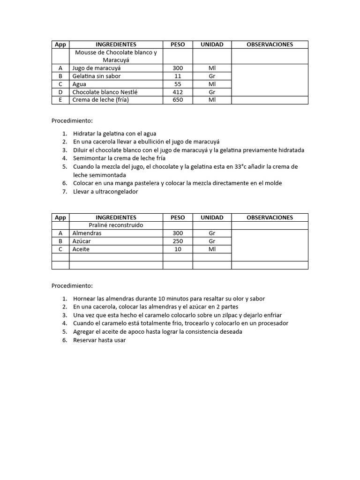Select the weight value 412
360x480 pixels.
pos(178,92)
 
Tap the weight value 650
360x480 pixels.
pos(178,100)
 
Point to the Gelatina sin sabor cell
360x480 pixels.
pos(96,76)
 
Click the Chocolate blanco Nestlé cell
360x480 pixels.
pos(105,92)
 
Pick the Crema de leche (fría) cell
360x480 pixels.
pos(100,100)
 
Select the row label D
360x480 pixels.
pos(60,92)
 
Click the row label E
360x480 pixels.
pos(60,100)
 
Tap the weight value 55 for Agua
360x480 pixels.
pos(178,84)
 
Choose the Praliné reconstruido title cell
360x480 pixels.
pos(116,225)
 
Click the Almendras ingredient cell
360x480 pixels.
pos(87,233)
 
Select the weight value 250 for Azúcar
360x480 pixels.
pos(178,241)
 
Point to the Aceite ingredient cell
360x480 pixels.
pos(81,249)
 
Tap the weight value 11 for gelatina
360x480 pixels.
pos(178,76)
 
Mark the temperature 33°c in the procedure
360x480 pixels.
pos(242,166)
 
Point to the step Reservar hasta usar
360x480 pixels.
pos(99,340)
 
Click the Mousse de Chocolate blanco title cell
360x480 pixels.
pos(116,56)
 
